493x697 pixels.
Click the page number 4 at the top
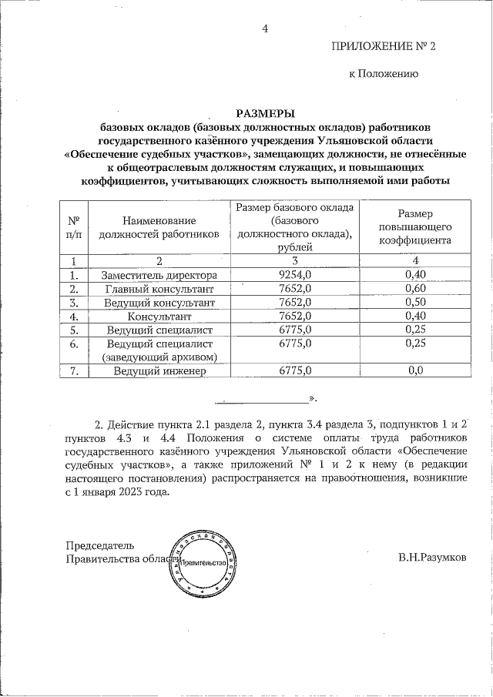click(265, 29)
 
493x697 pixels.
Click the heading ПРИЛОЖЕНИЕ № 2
click(383, 47)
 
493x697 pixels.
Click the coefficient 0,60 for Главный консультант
click(416, 289)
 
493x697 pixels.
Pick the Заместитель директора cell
click(159, 275)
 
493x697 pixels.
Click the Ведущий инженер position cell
click(159, 370)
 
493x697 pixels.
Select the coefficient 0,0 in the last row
click(416, 370)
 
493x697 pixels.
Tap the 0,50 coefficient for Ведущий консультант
click(416, 303)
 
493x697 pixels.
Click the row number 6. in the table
click(75, 343)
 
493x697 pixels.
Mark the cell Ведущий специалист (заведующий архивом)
click(159, 350)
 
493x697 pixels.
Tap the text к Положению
click(384, 75)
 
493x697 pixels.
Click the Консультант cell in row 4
click(159, 317)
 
